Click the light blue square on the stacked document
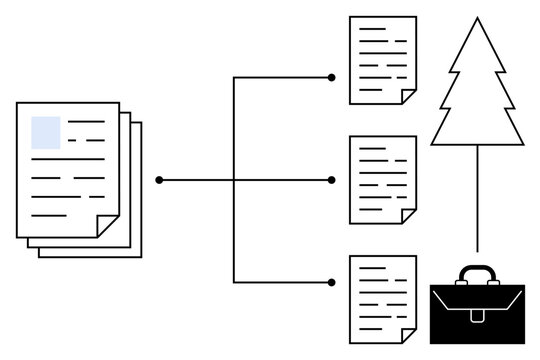[x=46, y=132]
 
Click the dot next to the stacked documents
[x=159, y=180]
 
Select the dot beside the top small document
[x=332, y=77]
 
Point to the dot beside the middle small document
[x=332, y=180]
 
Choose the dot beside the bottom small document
[x=332, y=283]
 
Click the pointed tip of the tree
[x=477, y=19]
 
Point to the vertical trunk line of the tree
[x=477, y=200]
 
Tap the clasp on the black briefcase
[x=477, y=315]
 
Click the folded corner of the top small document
[x=408, y=96]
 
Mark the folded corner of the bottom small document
[x=408, y=335]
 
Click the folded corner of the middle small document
[x=408, y=216]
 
